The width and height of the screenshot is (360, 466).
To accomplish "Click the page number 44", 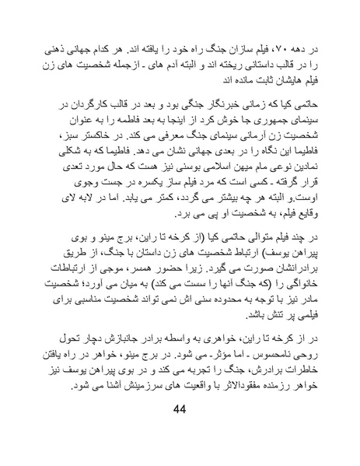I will pyautogui.click(x=180, y=433).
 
